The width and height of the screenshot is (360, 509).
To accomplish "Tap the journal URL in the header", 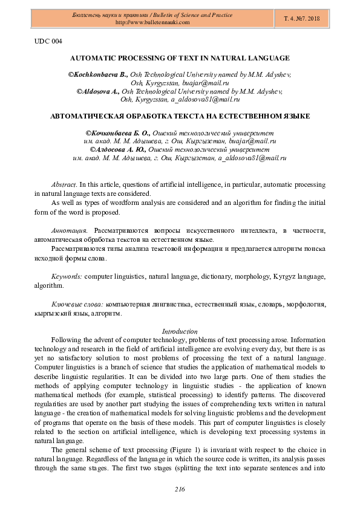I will tap(152, 22).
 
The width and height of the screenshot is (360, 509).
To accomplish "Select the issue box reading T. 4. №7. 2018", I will tap(302, 19).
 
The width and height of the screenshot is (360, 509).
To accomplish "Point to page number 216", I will tap(180, 489).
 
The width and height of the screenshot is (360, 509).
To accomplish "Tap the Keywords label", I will tap(67, 276).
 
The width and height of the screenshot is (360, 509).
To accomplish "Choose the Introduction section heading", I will tap(180, 331).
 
